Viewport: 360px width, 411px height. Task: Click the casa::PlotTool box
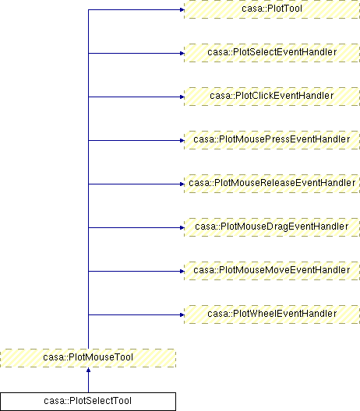[x=272, y=9]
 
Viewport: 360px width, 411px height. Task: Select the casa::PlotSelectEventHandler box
[x=272, y=53]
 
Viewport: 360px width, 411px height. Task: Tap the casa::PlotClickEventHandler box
[x=272, y=97]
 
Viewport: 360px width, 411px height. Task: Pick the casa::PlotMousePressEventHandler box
[x=272, y=140]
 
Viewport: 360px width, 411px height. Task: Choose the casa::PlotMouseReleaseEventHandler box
[x=272, y=184]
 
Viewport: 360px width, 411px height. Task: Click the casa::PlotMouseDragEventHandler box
[x=272, y=227]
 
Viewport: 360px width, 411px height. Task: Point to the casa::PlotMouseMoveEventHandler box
[x=272, y=271]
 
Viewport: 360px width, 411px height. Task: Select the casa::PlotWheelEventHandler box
[x=272, y=314]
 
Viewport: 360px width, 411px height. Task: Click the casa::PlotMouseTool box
[x=88, y=358]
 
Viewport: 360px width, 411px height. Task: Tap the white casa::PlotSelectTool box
[x=88, y=402]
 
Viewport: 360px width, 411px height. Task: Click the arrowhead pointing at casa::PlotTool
[x=182, y=9]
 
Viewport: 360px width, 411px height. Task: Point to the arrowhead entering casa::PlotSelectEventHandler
[x=182, y=53]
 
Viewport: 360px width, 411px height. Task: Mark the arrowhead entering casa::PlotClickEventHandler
[x=182, y=97]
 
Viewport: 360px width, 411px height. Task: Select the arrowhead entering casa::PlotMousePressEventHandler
[x=182, y=140]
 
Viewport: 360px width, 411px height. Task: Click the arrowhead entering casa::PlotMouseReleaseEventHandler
[x=182, y=184]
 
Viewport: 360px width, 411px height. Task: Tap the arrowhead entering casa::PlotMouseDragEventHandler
[x=182, y=227]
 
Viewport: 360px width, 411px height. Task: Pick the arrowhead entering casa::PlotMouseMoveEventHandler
[x=182, y=271]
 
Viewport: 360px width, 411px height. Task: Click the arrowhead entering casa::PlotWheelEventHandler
[x=182, y=314]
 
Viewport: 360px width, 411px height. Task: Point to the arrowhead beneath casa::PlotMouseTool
[x=88, y=370]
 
